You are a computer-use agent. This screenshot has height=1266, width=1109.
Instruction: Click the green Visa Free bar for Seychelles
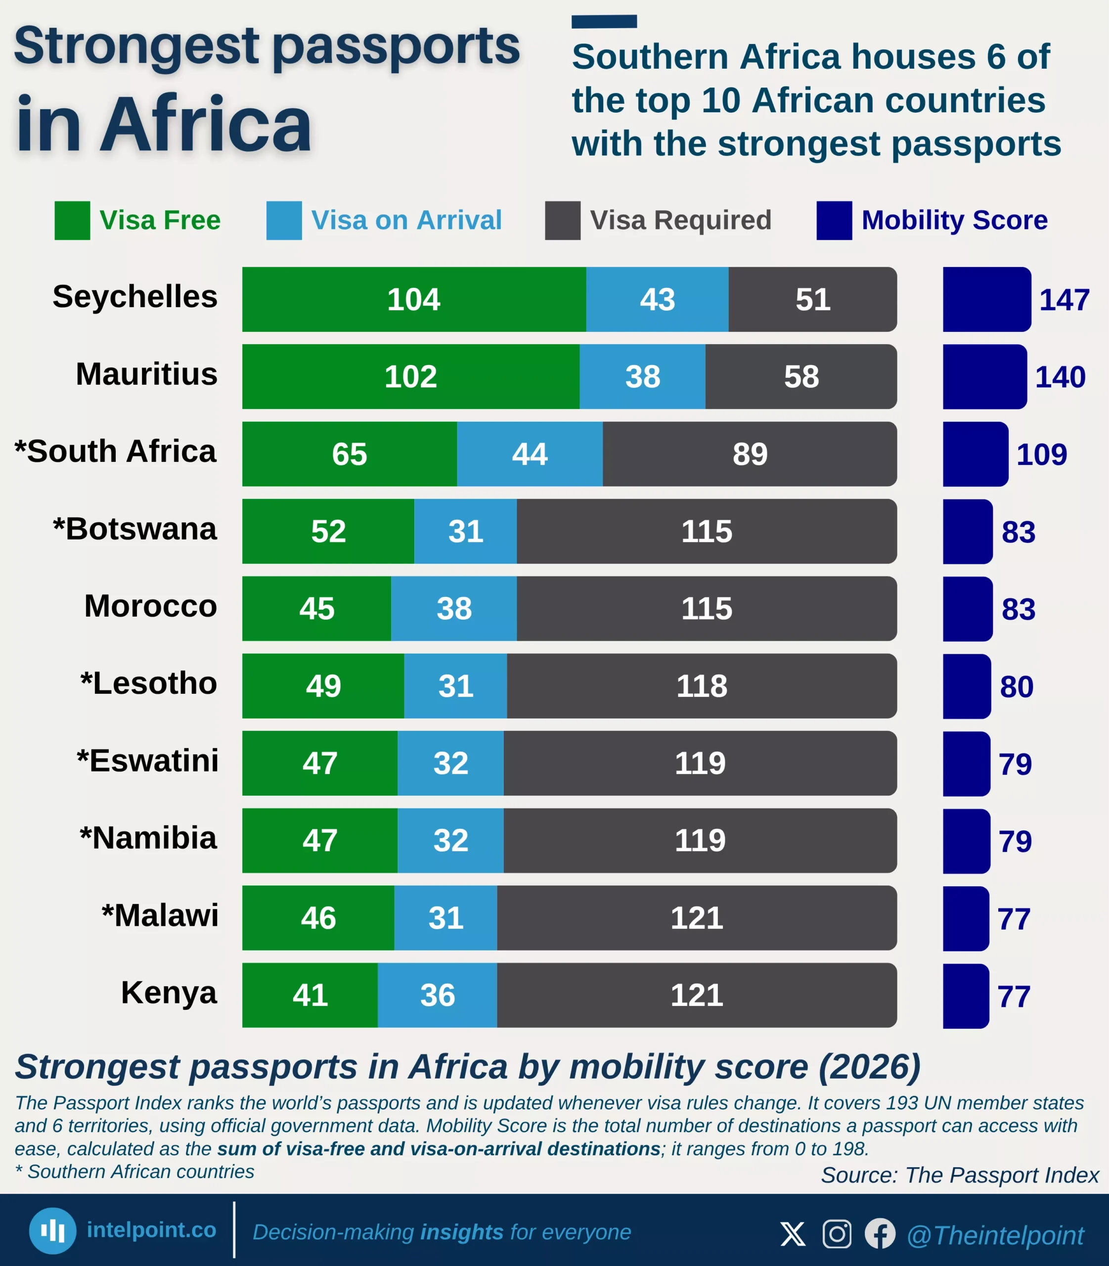pyautogui.click(x=413, y=300)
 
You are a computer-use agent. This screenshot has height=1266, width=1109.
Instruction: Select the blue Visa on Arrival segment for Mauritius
pyautogui.click(x=642, y=376)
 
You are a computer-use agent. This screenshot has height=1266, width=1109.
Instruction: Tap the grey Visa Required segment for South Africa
pyautogui.click(x=750, y=454)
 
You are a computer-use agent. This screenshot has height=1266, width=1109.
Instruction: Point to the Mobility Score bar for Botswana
pyautogui.click(x=967, y=531)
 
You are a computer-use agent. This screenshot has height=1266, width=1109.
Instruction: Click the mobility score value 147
pyautogui.click(x=1064, y=300)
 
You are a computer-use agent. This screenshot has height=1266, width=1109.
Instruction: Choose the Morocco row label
pyautogui.click(x=150, y=605)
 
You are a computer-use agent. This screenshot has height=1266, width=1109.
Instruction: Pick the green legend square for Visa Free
pyautogui.click(x=72, y=221)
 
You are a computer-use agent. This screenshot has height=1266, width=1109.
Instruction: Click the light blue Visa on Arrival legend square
pyautogui.click(x=284, y=221)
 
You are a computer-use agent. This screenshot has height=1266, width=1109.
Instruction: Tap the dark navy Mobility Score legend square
pyautogui.click(x=834, y=221)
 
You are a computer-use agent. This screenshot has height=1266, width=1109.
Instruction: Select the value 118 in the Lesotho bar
pyautogui.click(x=701, y=686)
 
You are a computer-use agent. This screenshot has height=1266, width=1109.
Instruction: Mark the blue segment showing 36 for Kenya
pyautogui.click(x=437, y=995)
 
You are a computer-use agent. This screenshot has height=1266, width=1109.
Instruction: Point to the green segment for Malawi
pyautogui.click(x=318, y=917)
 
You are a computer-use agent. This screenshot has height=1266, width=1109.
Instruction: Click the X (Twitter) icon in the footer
pyautogui.click(x=793, y=1233)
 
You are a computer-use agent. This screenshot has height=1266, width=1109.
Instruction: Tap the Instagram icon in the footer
pyautogui.click(x=837, y=1233)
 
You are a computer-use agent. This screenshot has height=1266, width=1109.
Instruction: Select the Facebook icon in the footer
pyautogui.click(x=880, y=1233)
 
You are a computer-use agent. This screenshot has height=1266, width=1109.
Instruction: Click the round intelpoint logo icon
pyautogui.click(x=52, y=1231)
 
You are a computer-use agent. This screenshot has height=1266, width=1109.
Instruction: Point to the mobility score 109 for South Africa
pyautogui.click(x=1042, y=454)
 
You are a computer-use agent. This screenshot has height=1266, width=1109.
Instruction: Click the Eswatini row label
pyautogui.click(x=147, y=760)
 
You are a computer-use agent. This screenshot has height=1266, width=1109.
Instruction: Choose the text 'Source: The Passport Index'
pyautogui.click(x=959, y=1175)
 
